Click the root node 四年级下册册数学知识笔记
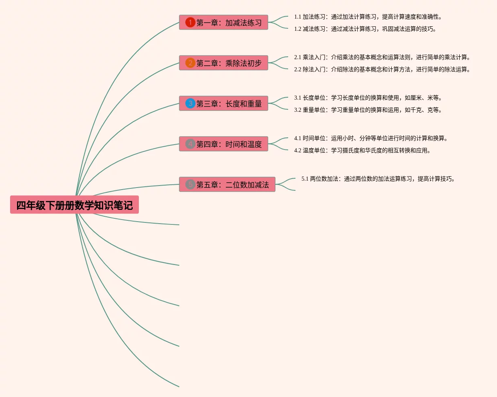click(x=74, y=205)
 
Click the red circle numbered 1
click(x=190, y=22)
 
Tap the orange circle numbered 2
click(x=190, y=63)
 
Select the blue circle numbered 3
click(x=190, y=103)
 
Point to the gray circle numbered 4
click(x=190, y=144)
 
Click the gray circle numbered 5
click(x=190, y=184)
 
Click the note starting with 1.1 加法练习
click(x=368, y=17)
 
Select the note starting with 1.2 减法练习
click(x=365, y=29)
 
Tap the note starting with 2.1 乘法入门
click(x=382, y=58)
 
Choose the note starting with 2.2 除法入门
click(x=382, y=70)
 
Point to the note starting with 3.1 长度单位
click(x=368, y=98)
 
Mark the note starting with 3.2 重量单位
click(x=368, y=110)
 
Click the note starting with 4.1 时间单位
click(x=371, y=139)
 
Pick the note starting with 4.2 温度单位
click(x=362, y=151)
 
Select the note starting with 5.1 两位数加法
click(x=378, y=179)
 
